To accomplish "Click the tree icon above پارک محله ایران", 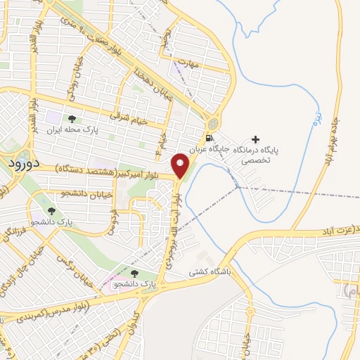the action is coord(72,119).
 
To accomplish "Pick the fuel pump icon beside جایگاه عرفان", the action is coord(208,138).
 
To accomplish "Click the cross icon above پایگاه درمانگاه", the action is coord(255,139).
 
